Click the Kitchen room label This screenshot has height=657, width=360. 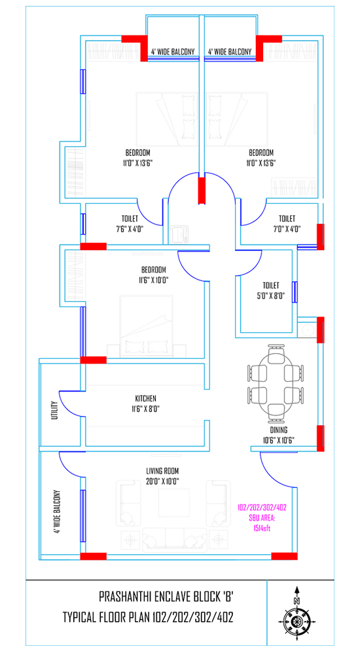146,398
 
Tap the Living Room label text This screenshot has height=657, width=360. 162,470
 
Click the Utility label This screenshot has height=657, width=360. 54,410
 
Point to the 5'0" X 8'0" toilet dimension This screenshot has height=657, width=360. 271,296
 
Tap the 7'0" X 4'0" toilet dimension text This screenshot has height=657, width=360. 287,229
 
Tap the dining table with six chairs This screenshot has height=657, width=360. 275,380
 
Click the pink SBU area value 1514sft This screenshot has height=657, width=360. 262,529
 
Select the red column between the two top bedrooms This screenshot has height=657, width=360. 202,191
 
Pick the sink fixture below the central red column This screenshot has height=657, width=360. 179,235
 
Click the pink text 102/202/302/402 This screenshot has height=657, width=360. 262,508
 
